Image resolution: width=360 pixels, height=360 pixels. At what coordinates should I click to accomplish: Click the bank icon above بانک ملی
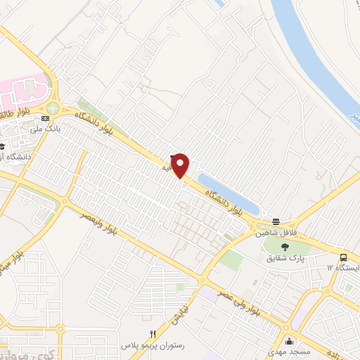click(x=46, y=118)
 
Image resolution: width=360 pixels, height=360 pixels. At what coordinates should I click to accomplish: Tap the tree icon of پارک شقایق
click(x=285, y=246)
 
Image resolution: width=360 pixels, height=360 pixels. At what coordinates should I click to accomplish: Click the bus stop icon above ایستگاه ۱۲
click(x=343, y=257)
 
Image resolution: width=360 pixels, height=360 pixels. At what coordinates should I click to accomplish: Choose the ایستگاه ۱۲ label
click(x=342, y=269)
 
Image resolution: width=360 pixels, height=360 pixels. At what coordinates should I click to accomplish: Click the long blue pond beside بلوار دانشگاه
click(x=229, y=191)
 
